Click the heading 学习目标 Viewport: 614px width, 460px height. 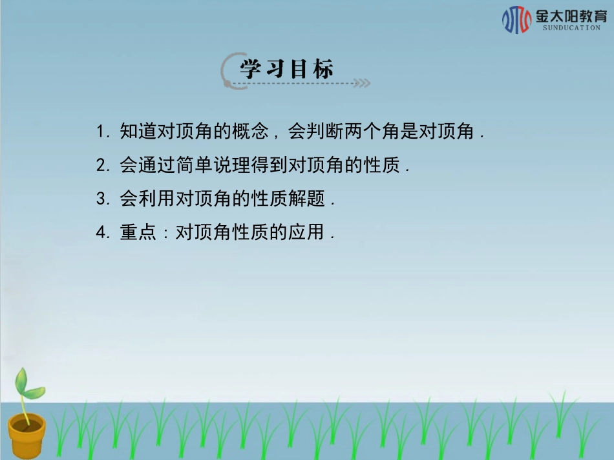click(288, 69)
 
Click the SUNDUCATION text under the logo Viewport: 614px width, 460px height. click(571, 28)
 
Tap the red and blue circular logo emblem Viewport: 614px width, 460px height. click(516, 19)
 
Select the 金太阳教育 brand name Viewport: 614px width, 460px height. click(571, 15)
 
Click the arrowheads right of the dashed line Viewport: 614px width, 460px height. click(363, 83)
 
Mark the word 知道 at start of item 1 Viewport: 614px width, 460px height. click(138, 132)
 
